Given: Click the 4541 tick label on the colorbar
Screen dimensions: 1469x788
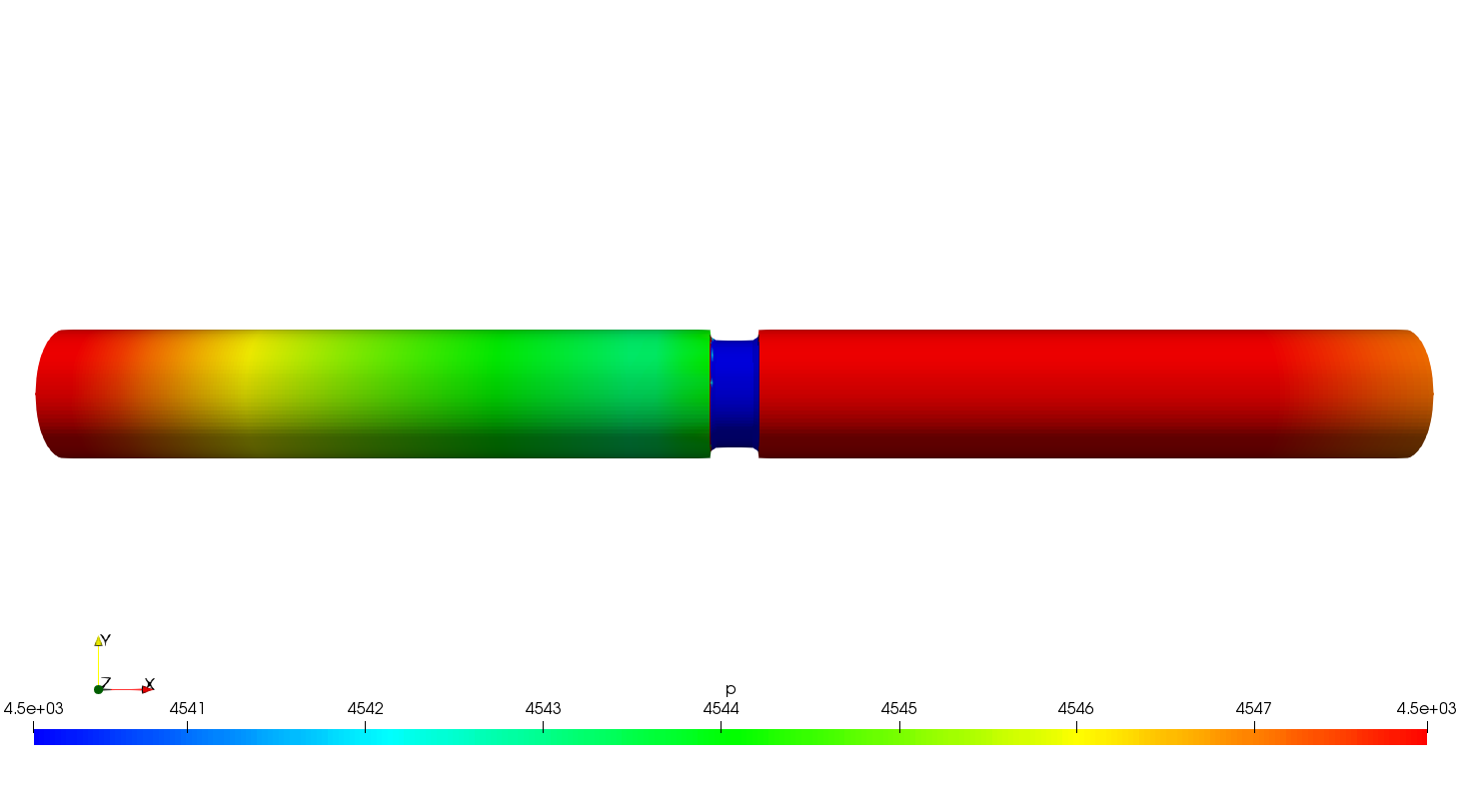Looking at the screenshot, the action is click(x=187, y=709).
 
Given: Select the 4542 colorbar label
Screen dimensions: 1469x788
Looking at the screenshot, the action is click(x=366, y=709).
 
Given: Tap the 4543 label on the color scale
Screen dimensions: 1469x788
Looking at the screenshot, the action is click(x=543, y=709).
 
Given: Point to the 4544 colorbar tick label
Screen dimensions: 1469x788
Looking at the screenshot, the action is click(x=721, y=709).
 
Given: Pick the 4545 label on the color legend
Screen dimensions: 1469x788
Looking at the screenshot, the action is click(x=899, y=709).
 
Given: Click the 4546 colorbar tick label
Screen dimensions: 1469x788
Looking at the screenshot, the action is click(x=1076, y=709).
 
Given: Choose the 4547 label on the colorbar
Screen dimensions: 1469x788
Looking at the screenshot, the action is click(x=1254, y=709).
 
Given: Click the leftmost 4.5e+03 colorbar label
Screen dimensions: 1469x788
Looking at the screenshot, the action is click(x=33, y=709).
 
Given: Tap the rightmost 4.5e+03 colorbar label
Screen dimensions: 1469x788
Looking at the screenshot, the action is click(x=1426, y=709).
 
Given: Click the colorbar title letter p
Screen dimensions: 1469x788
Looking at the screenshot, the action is click(x=731, y=690).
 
